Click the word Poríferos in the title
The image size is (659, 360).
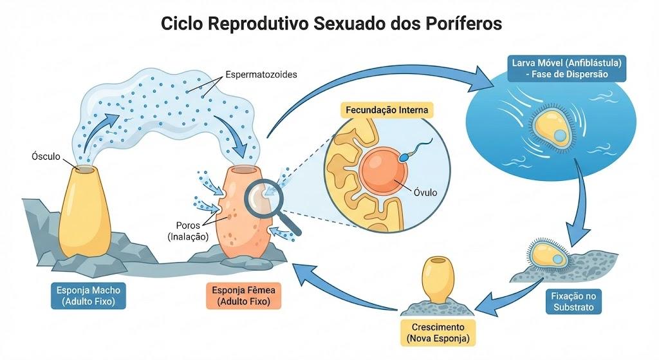pos(463,23)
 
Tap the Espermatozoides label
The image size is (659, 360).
pos(261,75)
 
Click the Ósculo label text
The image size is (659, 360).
pos(46,156)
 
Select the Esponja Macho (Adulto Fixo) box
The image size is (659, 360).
pos(88,296)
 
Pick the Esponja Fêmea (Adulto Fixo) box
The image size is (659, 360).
pos(243,296)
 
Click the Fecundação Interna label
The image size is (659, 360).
pos(387,110)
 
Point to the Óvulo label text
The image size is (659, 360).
pos(425,192)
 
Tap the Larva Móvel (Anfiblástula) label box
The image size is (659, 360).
pos(566,68)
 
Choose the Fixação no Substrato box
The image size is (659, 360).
pos(573,301)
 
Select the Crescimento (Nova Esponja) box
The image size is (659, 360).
pos(438,333)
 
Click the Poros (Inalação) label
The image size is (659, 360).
pos(189,231)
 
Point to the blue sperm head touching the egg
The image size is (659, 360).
pos(403,158)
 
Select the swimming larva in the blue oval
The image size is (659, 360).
pos(552,128)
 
